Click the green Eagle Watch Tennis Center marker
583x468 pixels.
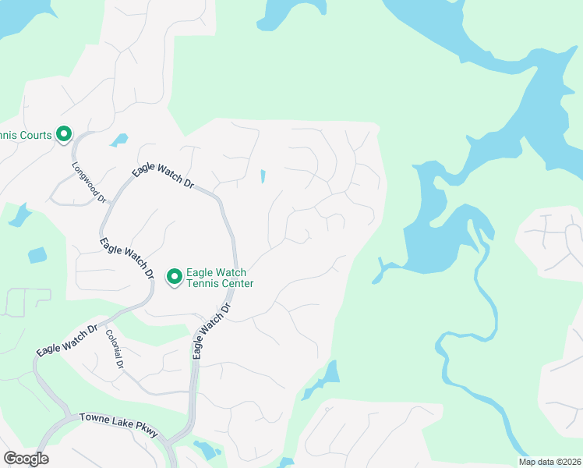(175, 277)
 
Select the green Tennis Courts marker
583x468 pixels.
(64, 135)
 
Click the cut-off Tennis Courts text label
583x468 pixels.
(26, 135)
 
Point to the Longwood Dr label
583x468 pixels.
(88, 183)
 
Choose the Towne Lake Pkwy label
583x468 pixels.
(118, 425)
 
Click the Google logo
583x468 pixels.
(26, 459)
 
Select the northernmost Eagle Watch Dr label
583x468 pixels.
(162, 175)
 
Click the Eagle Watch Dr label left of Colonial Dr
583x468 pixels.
(66, 341)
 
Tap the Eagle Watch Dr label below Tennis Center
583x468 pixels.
(213, 331)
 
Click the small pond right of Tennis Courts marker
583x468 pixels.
(118, 140)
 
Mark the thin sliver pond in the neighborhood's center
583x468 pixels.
(262, 177)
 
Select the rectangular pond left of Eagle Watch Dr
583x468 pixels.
(37, 255)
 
